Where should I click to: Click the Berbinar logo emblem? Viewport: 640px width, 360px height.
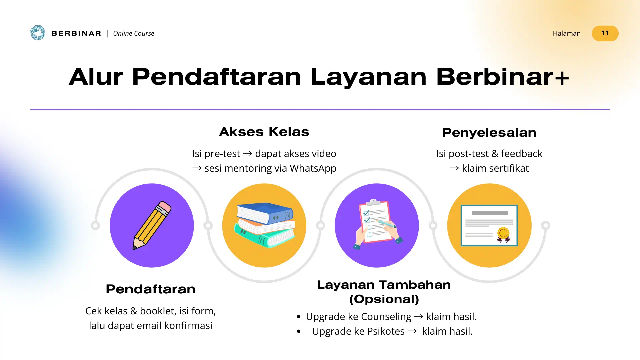tap(38, 33)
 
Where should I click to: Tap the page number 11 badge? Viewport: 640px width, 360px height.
tap(605, 33)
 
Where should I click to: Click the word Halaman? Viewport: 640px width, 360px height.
tap(566, 33)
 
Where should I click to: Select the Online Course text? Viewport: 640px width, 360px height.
tap(134, 33)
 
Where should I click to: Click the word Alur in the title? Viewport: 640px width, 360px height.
tap(96, 77)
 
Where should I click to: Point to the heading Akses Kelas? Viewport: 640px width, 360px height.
tap(264, 132)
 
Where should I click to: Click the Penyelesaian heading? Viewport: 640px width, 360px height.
tap(489, 133)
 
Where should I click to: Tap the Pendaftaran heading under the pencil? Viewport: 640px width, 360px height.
tap(150, 289)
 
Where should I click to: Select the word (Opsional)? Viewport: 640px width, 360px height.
tap(384, 299)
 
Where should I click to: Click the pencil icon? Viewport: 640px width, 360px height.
tap(152, 225)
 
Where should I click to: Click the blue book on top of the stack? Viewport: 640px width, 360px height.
tap(265, 213)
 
